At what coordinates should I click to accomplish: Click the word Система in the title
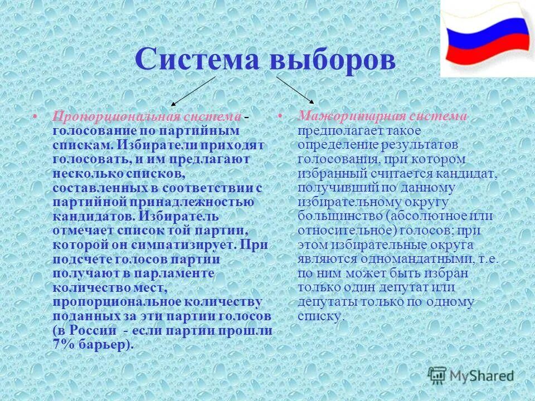(x=198, y=60)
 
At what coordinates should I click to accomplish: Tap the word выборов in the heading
(x=333, y=60)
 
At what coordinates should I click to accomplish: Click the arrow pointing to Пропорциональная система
(x=193, y=91)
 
